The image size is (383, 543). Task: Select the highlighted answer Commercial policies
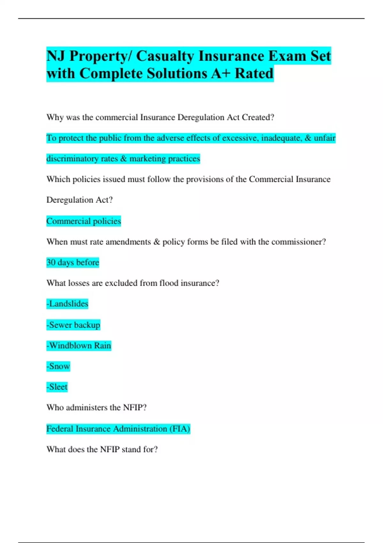click(84, 221)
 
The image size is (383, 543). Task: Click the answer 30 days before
click(73, 263)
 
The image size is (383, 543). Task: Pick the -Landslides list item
click(67, 304)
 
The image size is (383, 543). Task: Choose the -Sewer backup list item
click(73, 325)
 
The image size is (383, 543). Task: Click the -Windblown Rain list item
click(79, 346)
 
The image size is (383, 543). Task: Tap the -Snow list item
click(58, 366)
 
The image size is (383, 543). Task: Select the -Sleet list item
click(57, 387)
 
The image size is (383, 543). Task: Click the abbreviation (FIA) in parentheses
click(180, 429)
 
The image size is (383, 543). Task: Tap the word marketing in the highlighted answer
click(147, 159)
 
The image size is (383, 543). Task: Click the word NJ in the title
click(56, 56)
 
